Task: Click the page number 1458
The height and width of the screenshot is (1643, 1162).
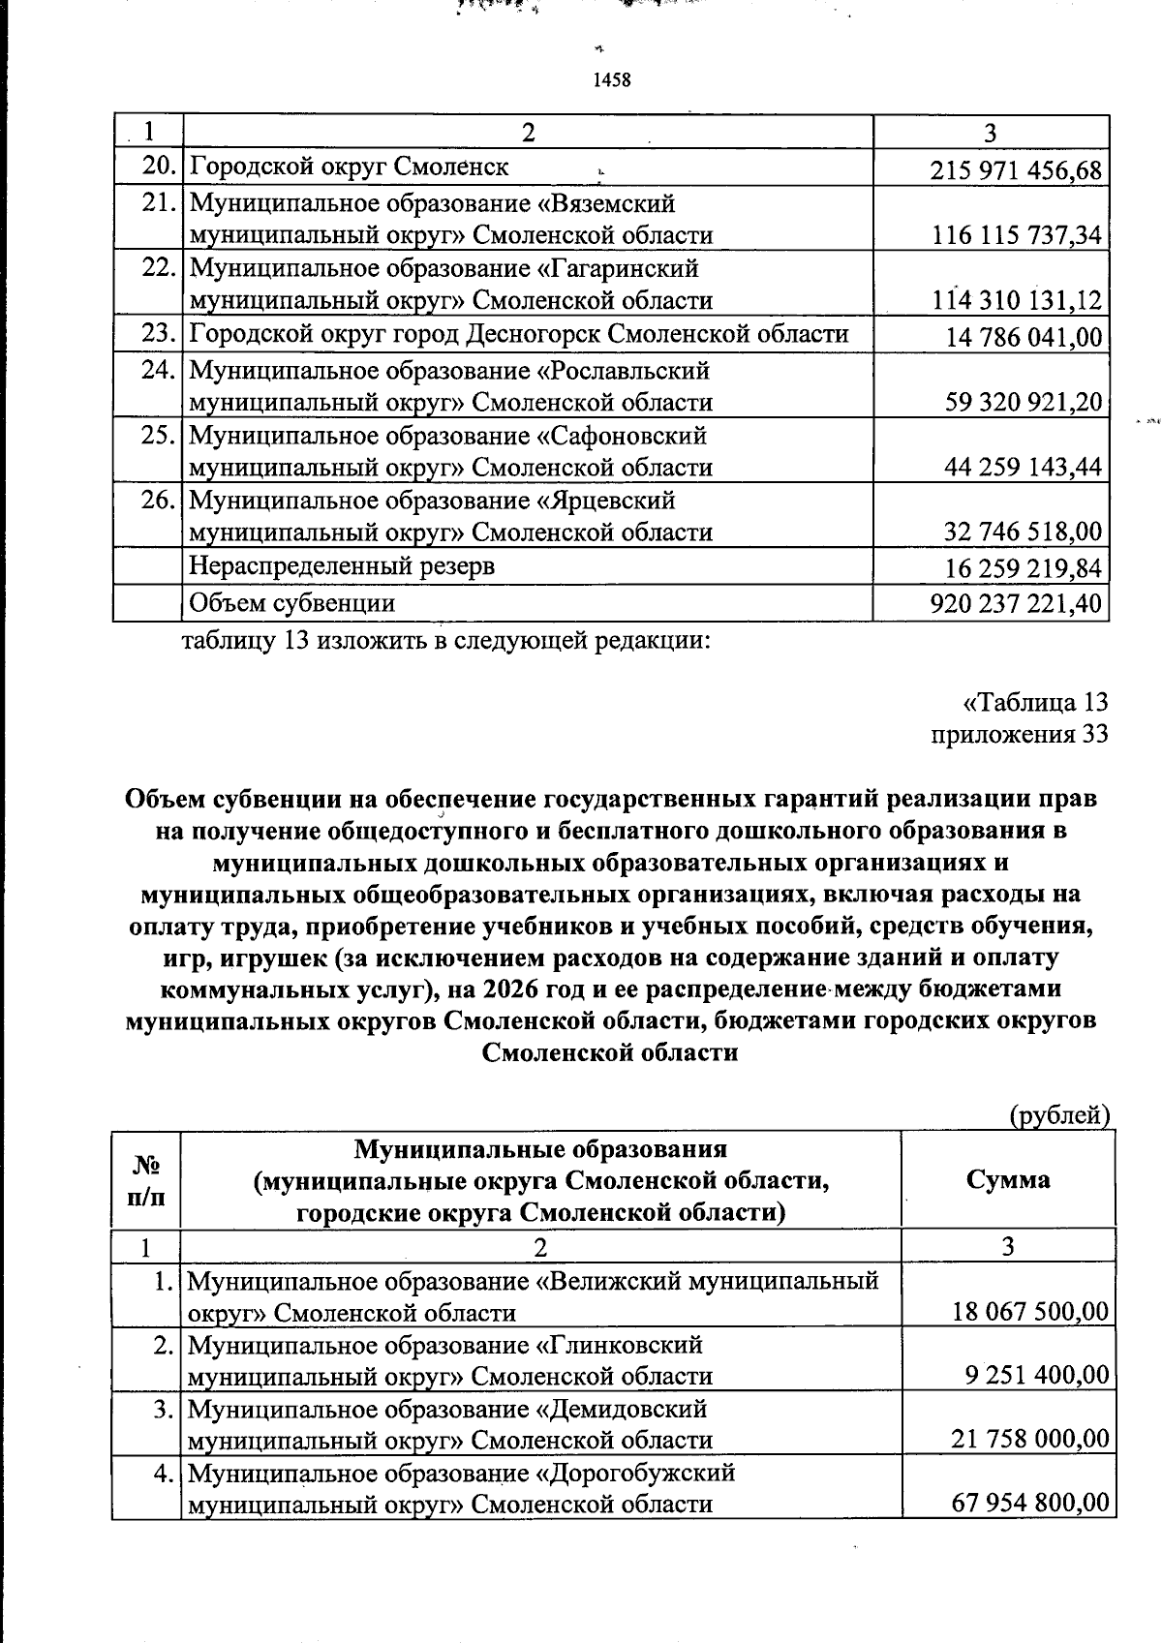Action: pos(611,80)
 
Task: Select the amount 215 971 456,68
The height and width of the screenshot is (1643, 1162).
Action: pos(1015,171)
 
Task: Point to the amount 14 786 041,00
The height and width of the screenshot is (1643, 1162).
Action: pos(1024,338)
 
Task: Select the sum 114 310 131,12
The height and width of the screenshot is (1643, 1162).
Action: pos(1016,301)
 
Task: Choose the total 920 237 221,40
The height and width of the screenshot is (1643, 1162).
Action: pos(1015,604)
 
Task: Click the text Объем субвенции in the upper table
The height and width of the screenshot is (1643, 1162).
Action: pos(291,603)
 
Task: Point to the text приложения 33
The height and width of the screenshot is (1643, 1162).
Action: pos(1019,734)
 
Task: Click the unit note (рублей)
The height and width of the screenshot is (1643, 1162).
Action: pos(1058,1115)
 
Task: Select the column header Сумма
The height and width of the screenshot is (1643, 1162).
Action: pos(1007,1179)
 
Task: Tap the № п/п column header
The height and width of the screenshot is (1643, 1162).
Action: pos(145,1179)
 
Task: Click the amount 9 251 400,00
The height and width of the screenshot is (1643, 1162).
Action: pos(1036,1376)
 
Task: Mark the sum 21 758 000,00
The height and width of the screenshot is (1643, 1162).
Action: pos(1029,1440)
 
